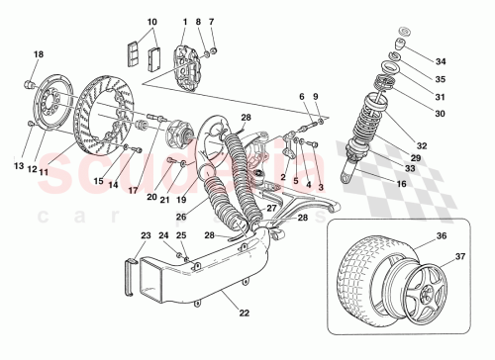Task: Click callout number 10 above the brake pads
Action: tap(152, 22)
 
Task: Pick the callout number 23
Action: tap(147, 235)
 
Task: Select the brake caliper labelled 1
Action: tap(191, 58)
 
